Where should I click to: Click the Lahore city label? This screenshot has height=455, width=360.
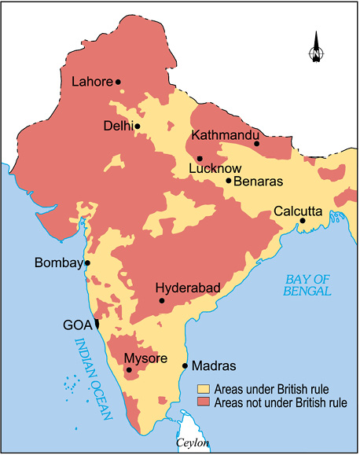tap(92, 82)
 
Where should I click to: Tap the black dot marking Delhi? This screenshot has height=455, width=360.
tap(138, 126)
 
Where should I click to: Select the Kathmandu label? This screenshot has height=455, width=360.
tap(225, 134)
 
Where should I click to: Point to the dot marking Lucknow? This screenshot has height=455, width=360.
tap(200, 158)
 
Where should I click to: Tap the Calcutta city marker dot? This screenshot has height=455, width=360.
tap(302, 221)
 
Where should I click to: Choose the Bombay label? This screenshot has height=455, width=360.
tap(58, 263)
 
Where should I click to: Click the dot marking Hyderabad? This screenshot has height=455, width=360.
tap(162, 300)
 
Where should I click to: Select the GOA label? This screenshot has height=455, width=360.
tap(77, 324)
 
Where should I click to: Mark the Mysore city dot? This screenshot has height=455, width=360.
tap(128, 369)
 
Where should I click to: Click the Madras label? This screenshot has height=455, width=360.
tap(215, 365)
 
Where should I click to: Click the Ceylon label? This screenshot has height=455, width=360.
tap(193, 443)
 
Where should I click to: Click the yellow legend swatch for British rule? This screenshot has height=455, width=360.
tap(204, 389)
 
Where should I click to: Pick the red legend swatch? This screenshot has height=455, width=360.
tap(204, 403)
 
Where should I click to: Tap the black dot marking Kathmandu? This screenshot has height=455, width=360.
tap(256, 143)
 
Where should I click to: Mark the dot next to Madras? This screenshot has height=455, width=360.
tap(185, 365)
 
